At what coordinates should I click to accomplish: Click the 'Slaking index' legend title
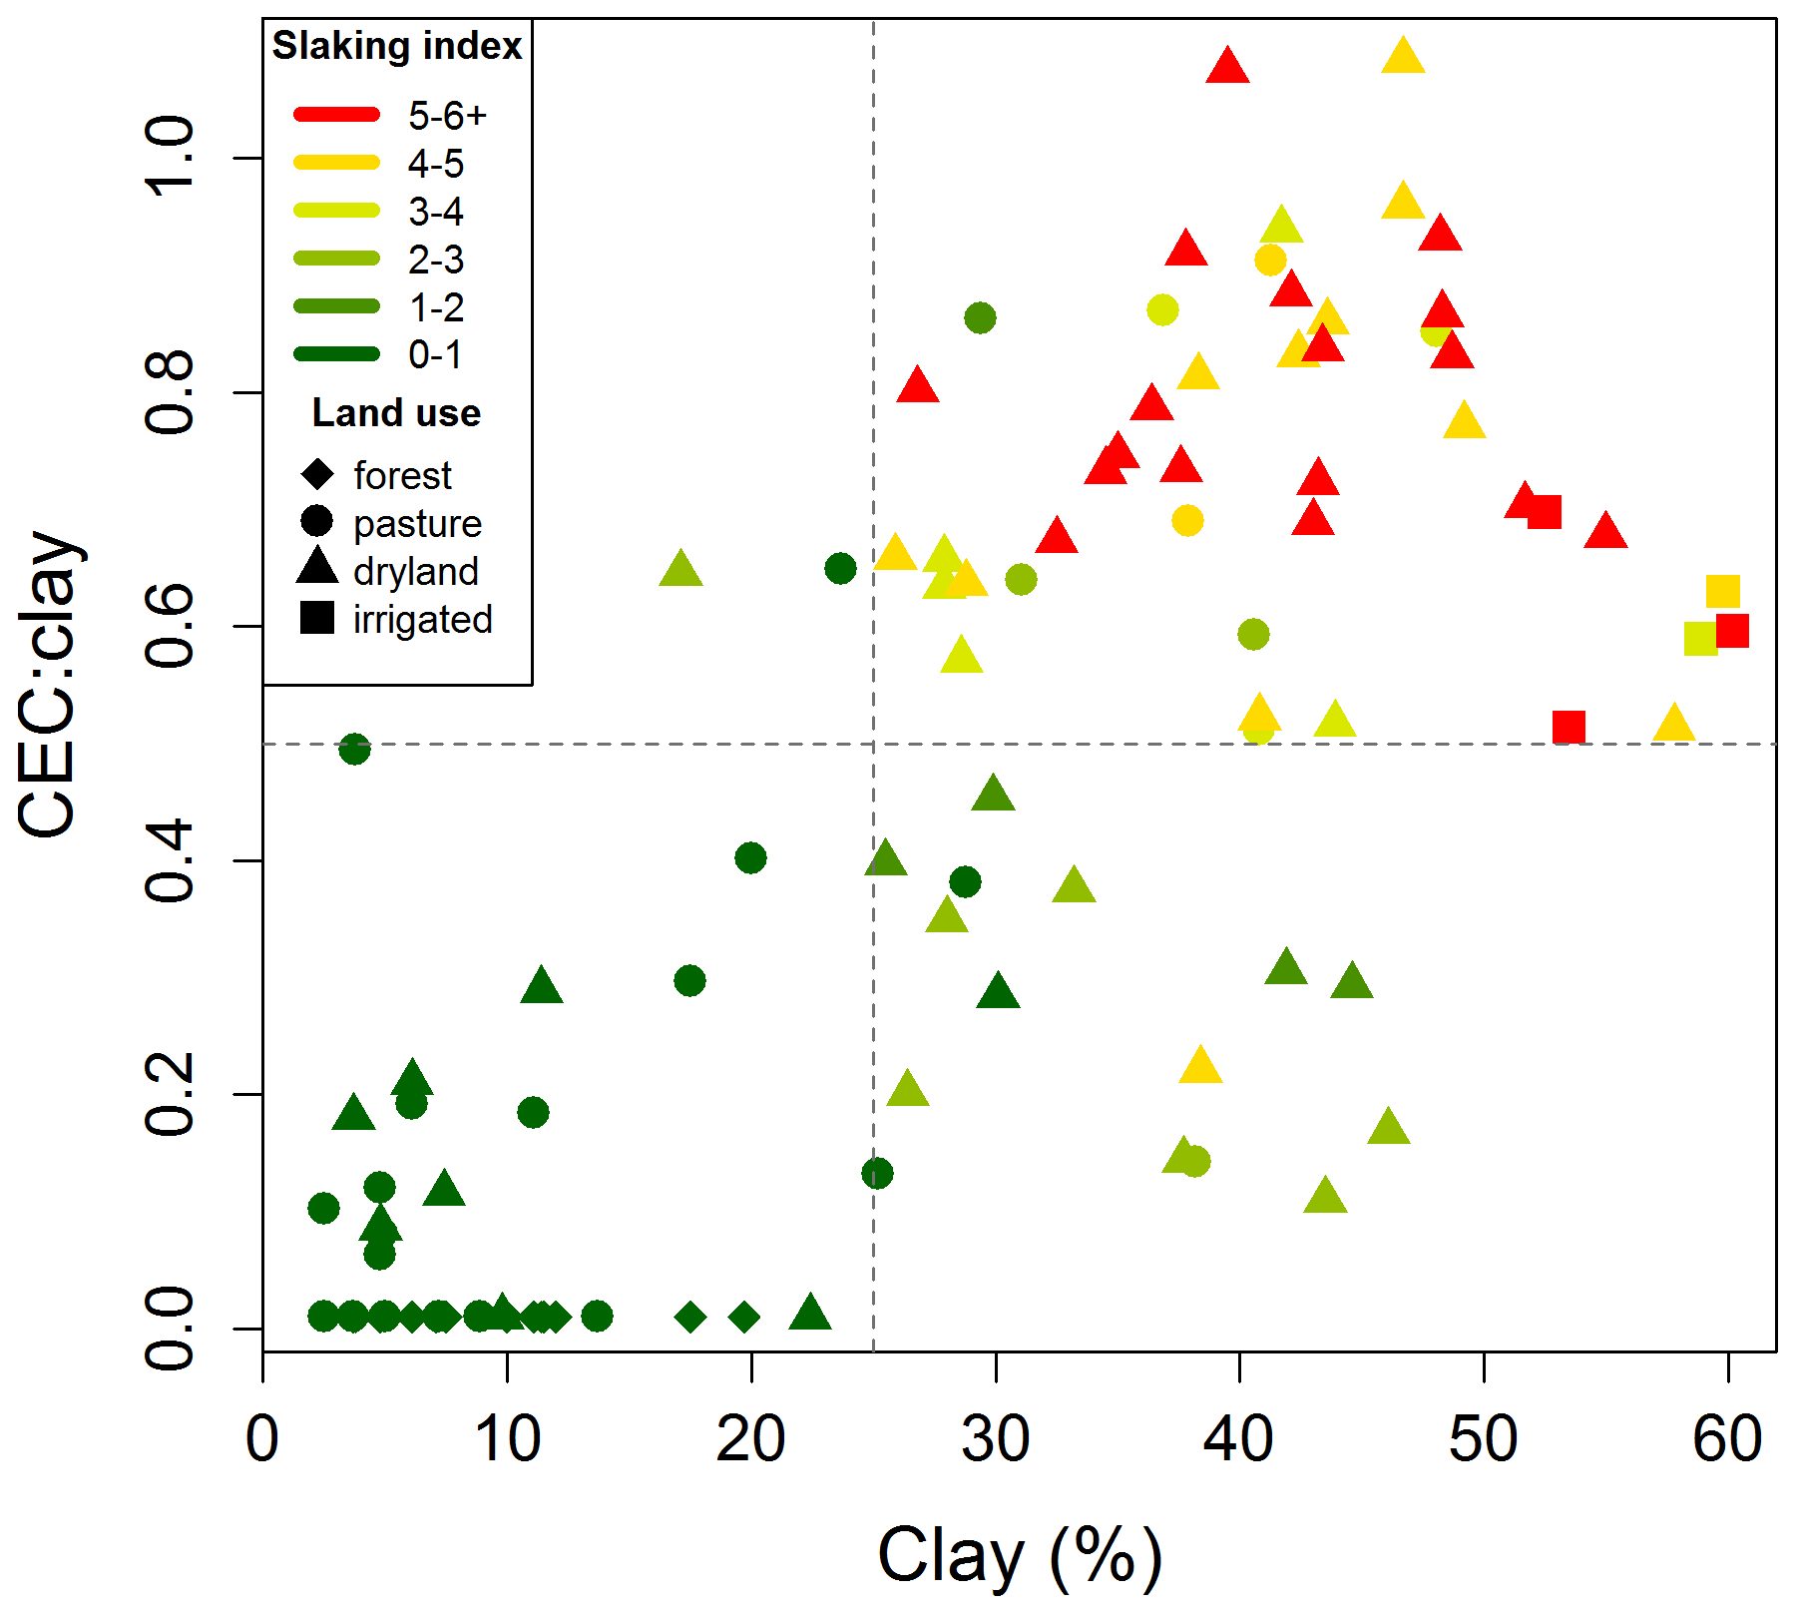click(397, 46)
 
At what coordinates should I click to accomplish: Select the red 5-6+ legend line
click(337, 115)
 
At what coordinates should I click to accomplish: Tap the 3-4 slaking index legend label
click(436, 212)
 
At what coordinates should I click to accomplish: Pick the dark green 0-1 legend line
click(337, 353)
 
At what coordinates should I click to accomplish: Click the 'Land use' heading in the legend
click(396, 412)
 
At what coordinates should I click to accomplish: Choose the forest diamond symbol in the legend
click(317, 474)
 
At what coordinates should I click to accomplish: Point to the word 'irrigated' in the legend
click(423, 619)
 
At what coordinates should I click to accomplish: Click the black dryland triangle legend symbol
click(317, 567)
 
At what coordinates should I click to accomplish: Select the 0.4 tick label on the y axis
click(170, 859)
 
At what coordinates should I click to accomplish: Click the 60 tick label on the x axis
click(1727, 1439)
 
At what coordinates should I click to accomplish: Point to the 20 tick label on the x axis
click(750, 1439)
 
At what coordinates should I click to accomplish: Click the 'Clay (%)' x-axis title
click(1020, 1555)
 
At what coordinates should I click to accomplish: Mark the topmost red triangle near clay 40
click(1227, 67)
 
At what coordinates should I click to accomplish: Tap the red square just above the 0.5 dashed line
click(1569, 727)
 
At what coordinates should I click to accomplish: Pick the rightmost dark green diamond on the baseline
click(743, 1317)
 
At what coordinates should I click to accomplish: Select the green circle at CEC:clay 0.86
click(980, 318)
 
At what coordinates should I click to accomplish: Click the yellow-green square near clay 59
click(1700, 639)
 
